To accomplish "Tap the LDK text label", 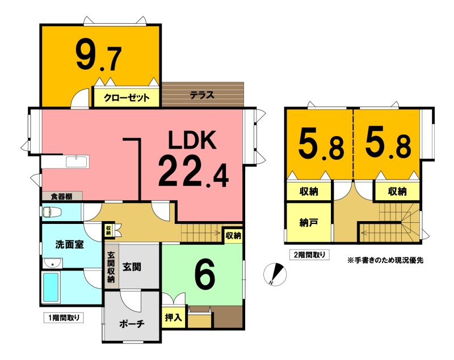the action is pyautogui.click(x=192, y=140).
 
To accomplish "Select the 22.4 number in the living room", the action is pyautogui.click(x=194, y=171).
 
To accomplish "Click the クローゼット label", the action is pyautogui.click(x=127, y=98).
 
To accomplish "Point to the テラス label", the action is pyautogui.click(x=202, y=95).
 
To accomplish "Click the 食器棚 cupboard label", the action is pyautogui.click(x=62, y=197).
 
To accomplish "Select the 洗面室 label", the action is pyautogui.click(x=69, y=244).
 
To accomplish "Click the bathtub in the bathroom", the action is pyautogui.click(x=51, y=287).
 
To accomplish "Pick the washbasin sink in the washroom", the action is pyautogui.click(x=52, y=264).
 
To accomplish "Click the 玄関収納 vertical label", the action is pyautogui.click(x=111, y=267).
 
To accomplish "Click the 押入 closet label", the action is pyautogui.click(x=174, y=317).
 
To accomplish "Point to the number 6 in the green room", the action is pyautogui.click(x=205, y=273).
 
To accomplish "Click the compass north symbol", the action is pyautogui.click(x=275, y=274).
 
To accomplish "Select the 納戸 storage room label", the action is pyautogui.click(x=309, y=223).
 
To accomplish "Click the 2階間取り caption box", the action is pyautogui.click(x=309, y=255).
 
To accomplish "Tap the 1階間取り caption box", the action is pyautogui.click(x=64, y=318).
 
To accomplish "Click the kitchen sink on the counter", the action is pyautogui.click(x=78, y=162).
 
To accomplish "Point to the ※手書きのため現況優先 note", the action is pyautogui.click(x=385, y=260).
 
